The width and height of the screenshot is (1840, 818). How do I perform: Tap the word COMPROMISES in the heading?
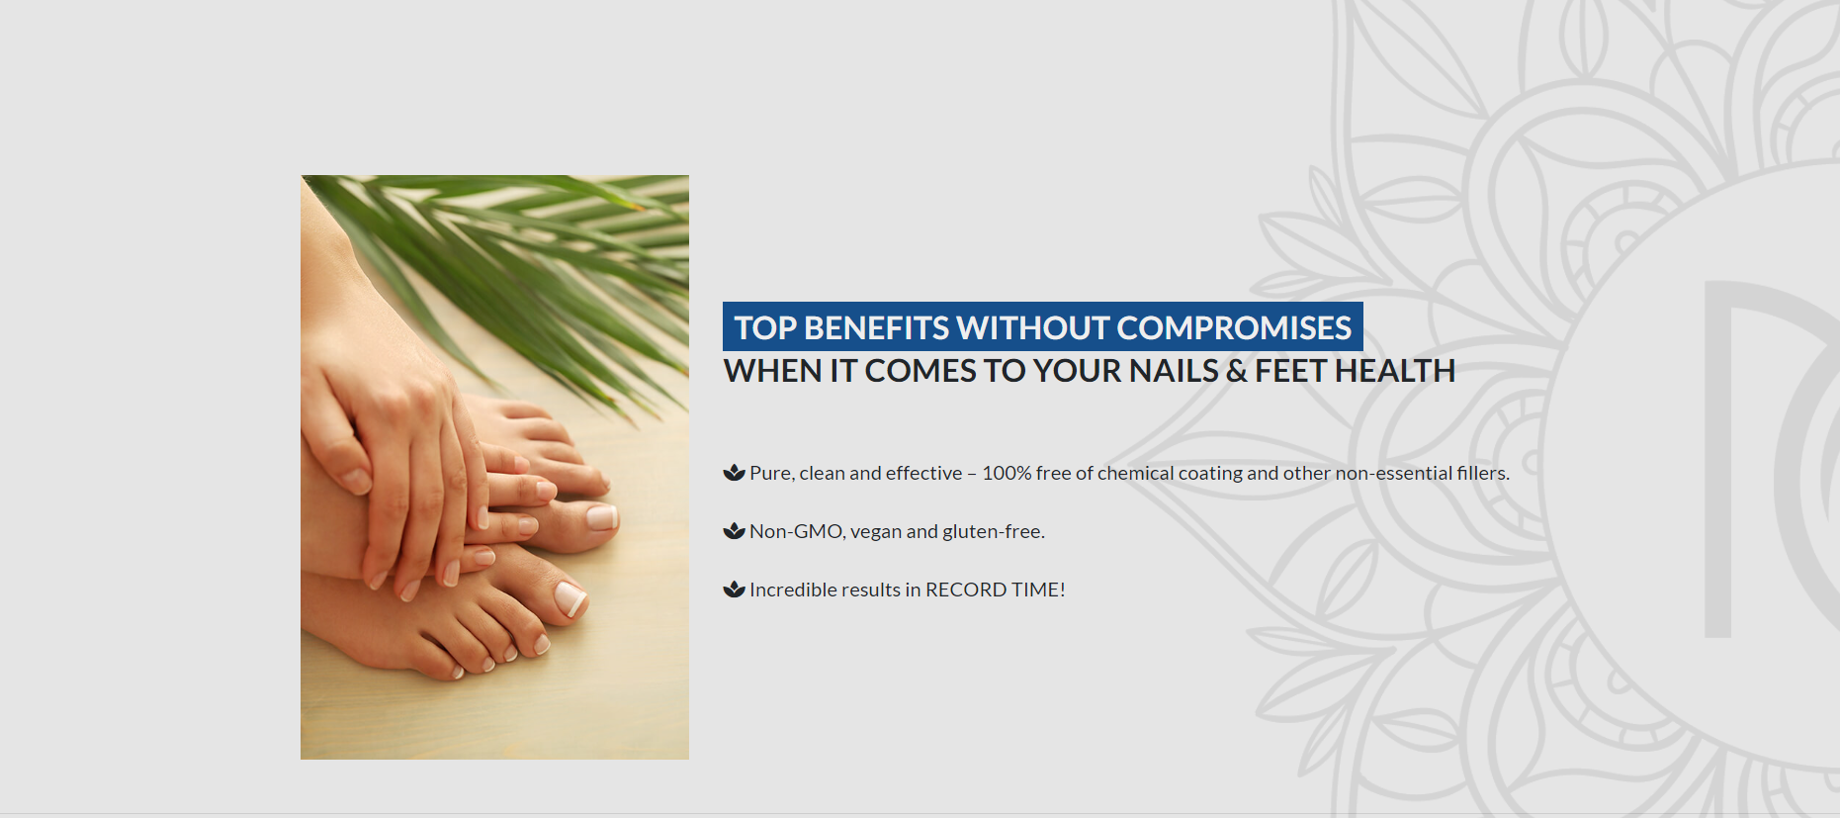pyautogui.click(x=1234, y=328)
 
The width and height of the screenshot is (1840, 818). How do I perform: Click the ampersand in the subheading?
pyautogui.click(x=1237, y=371)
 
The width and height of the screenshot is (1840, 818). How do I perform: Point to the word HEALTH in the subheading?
pyautogui.click(x=1395, y=371)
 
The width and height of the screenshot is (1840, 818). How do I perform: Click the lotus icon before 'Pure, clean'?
pyautogui.click(x=734, y=473)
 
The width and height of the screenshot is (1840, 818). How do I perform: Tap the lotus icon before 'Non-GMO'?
pyautogui.click(x=734, y=531)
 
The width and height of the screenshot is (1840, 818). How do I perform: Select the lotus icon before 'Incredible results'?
pyautogui.click(x=734, y=590)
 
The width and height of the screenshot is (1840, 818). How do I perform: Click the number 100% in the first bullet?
pyautogui.click(x=1007, y=473)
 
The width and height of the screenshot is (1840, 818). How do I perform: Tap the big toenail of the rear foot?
pyautogui.click(x=601, y=516)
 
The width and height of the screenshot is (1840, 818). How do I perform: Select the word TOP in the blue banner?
pyautogui.click(x=765, y=328)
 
